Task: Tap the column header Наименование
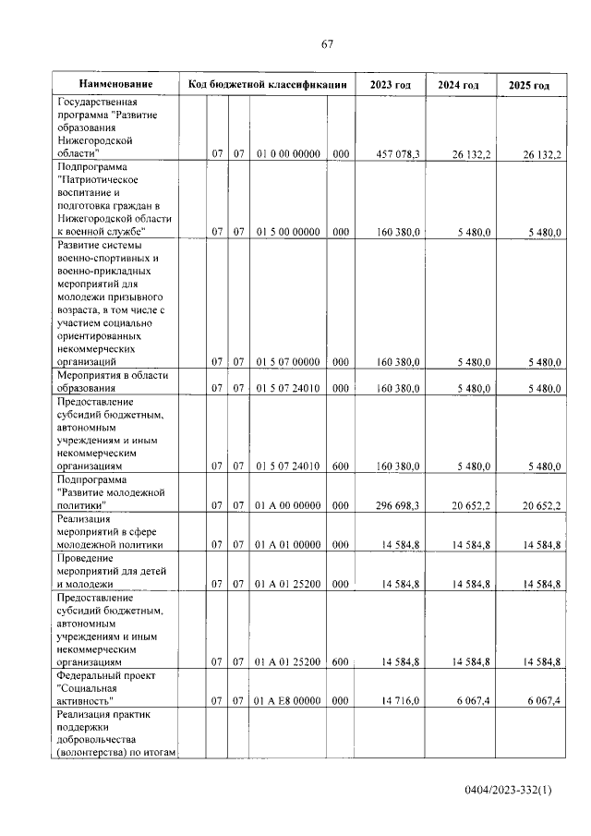(115, 85)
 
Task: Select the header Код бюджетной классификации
(267, 85)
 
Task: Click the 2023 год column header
(391, 86)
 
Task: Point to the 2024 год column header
(458, 86)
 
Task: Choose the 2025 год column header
(529, 86)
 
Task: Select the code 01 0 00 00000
(287, 154)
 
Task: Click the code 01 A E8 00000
(287, 701)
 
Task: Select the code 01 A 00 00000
(287, 505)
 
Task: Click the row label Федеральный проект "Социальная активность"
(102, 688)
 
